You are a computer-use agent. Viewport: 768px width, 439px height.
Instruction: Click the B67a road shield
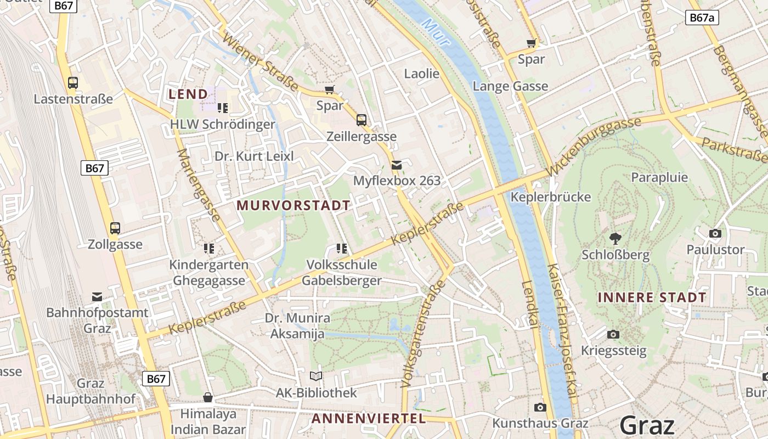click(x=702, y=18)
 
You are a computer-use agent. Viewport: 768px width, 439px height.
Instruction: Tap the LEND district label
click(x=188, y=94)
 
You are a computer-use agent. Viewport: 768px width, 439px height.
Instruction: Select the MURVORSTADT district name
click(x=293, y=206)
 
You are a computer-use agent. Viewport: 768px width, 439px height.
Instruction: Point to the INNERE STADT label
click(x=652, y=297)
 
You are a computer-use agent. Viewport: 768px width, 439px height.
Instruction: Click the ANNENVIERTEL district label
click(x=369, y=419)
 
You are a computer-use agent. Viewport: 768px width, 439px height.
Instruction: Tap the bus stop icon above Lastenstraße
click(x=72, y=83)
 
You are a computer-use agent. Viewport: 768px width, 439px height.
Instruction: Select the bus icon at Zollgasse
click(x=115, y=228)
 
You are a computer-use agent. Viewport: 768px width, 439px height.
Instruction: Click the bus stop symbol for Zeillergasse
click(x=361, y=120)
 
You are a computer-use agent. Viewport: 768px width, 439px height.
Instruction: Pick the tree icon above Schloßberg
click(x=615, y=238)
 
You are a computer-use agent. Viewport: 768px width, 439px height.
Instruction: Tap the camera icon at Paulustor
click(x=715, y=234)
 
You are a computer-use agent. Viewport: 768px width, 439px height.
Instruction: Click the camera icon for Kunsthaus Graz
click(x=540, y=407)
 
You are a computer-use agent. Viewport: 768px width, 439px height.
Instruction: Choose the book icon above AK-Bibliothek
click(x=316, y=376)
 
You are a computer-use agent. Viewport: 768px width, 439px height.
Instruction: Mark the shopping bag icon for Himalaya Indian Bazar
click(x=208, y=397)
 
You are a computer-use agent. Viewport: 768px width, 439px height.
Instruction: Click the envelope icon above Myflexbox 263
click(x=396, y=165)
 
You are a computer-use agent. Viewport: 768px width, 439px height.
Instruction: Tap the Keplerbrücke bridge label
click(x=550, y=197)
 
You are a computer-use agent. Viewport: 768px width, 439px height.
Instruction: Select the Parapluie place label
click(x=659, y=177)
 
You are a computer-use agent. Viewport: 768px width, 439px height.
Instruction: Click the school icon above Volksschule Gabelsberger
click(x=342, y=249)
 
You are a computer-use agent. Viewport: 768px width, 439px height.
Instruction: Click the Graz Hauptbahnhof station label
click(x=91, y=391)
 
